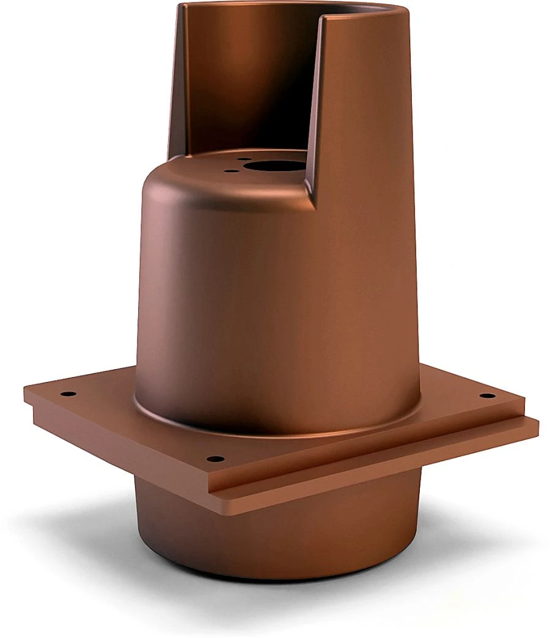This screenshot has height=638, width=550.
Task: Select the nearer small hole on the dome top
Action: pyautogui.click(x=230, y=170)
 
